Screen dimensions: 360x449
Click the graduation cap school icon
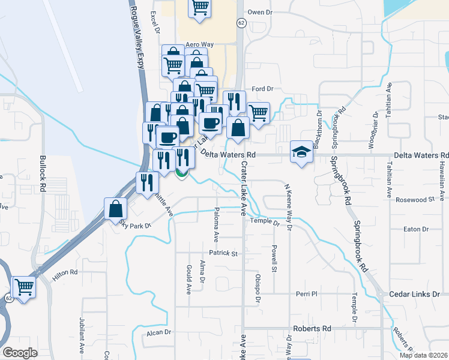coord(300,151)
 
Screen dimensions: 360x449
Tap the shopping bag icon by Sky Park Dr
coord(115,209)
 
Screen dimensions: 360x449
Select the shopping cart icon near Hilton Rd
coord(24,287)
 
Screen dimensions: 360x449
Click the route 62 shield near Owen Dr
coord(241,23)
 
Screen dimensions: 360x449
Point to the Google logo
coord(20,353)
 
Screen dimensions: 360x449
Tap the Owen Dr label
coord(261,12)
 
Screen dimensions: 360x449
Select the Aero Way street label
coord(200,44)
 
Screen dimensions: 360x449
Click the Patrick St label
coord(223,253)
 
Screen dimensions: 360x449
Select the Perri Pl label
coord(306,294)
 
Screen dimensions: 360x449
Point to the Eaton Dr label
coord(416,229)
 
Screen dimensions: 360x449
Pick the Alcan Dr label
coord(159,332)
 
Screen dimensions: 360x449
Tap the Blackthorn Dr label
coord(319,124)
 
